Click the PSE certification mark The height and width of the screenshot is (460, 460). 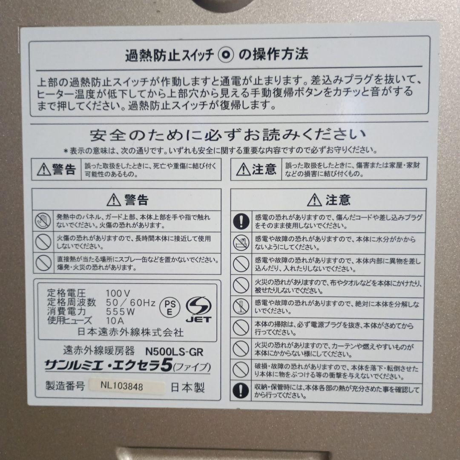(170, 305)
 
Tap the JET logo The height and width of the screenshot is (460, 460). (198, 309)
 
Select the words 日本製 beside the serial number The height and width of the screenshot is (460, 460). (188, 388)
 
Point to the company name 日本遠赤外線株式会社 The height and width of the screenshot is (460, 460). (125, 331)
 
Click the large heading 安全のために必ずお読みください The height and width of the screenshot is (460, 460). (228, 135)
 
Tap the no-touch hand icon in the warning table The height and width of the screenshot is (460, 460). (43, 220)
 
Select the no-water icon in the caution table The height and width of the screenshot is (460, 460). (241, 242)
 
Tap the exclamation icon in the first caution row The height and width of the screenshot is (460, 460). (241, 220)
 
